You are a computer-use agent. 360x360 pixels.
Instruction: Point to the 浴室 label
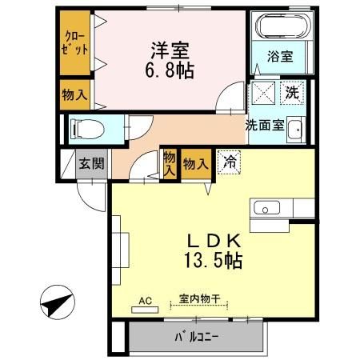[x=279, y=58]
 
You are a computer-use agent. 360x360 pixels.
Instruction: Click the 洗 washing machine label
[x=293, y=92]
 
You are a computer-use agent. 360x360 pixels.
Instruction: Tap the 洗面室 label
[x=264, y=125]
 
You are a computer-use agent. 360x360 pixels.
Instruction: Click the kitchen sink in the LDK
[x=264, y=208]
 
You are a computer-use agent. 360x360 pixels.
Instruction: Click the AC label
[x=146, y=301]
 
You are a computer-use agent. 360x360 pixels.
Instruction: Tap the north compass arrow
[x=54, y=304]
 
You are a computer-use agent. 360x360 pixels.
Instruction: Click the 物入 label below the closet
[x=74, y=94]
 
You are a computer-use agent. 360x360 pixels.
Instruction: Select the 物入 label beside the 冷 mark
[x=195, y=164]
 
